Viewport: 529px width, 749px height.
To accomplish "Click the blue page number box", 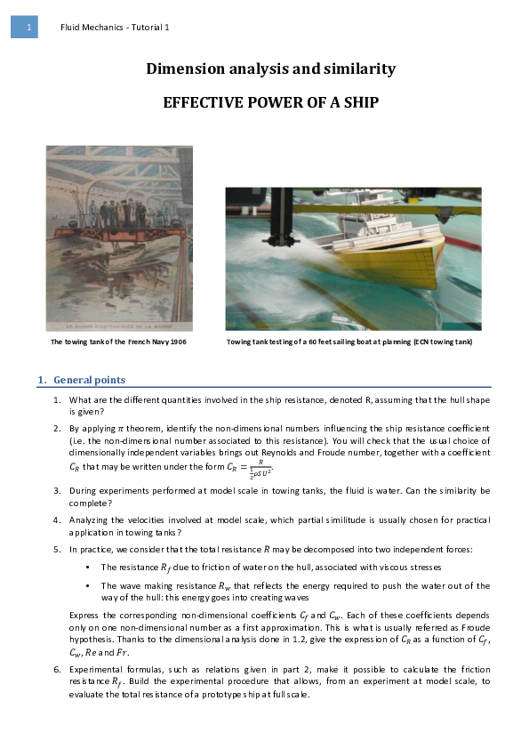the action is coord(24,28).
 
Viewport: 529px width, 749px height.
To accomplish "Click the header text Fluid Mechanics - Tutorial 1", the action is coord(115,28).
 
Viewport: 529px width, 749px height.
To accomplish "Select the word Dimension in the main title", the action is coord(188,69).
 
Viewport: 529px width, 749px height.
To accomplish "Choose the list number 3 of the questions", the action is coord(58,490).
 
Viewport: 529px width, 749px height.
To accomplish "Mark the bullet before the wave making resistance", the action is coord(89,585).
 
